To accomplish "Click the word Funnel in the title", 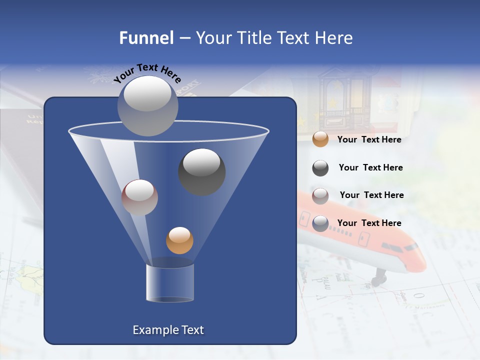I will click(x=146, y=38).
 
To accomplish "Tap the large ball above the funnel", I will click(x=147, y=105).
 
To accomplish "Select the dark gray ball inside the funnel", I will click(x=201, y=172).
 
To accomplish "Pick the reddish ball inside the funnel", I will click(x=139, y=197).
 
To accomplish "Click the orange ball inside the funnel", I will click(x=179, y=240).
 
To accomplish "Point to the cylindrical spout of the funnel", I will click(x=169, y=282).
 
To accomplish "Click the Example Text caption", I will click(x=168, y=330).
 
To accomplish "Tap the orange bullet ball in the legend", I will click(x=320, y=139).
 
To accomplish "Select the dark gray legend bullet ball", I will click(x=320, y=168).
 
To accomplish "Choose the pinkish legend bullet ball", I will click(x=320, y=195).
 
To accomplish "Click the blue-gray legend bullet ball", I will click(x=320, y=223).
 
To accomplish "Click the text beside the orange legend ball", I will click(x=369, y=140).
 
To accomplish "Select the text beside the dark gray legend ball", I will click(x=370, y=168).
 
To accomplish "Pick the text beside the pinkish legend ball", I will click(x=371, y=195).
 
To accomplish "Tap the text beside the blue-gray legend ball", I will click(x=369, y=223).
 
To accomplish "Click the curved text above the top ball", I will click(x=147, y=72).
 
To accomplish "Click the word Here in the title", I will click(x=333, y=38).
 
